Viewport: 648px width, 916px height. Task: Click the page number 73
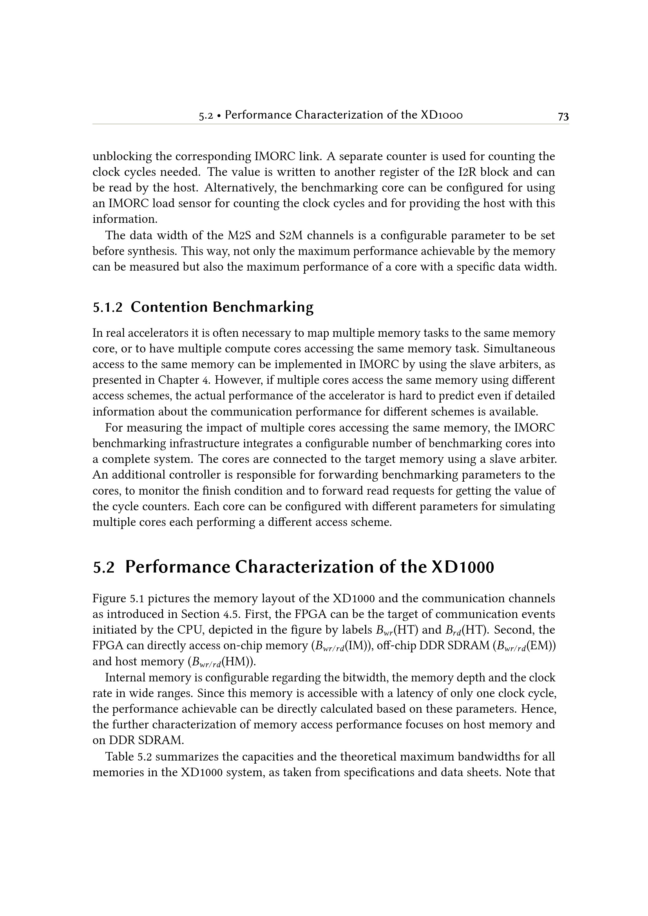click(563, 116)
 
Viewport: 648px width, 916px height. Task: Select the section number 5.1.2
click(107, 307)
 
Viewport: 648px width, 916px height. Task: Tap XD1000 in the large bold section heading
click(463, 567)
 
